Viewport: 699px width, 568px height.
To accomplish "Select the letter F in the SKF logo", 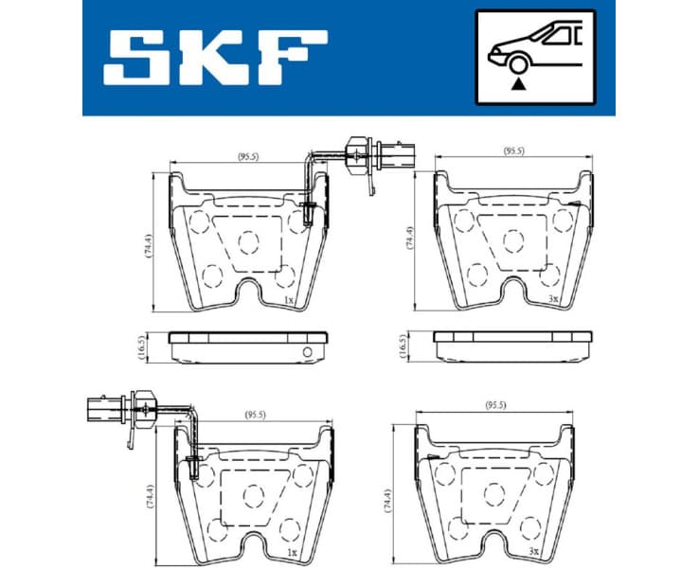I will click(290, 58).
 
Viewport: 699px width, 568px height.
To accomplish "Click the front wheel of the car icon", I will click(516, 64).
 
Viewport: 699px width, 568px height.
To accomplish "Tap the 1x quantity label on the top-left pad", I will click(288, 299).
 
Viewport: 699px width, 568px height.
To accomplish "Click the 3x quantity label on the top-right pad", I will click(554, 299).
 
